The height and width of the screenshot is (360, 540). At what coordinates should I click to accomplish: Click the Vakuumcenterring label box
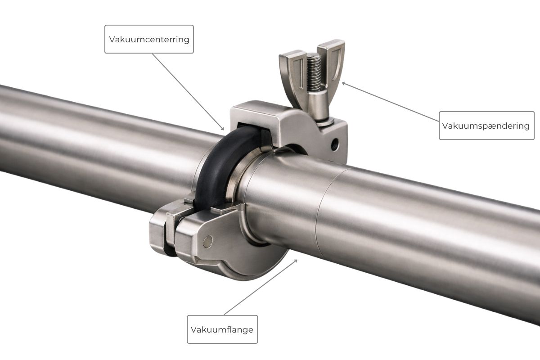pyautogui.click(x=149, y=39)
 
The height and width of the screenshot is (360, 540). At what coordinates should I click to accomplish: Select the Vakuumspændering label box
pyautogui.click(x=486, y=126)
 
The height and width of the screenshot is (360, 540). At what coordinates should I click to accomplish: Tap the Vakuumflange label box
pyautogui.click(x=222, y=329)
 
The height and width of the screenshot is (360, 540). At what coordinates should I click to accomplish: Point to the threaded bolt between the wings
pyautogui.click(x=314, y=72)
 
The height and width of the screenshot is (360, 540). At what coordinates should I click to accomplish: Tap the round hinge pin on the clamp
pyautogui.click(x=207, y=241)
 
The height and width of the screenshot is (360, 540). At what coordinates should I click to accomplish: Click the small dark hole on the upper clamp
pyautogui.click(x=334, y=145)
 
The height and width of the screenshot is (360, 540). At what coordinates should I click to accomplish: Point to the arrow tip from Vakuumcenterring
pyautogui.click(x=223, y=130)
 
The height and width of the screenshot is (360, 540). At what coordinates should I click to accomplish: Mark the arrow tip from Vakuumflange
pyautogui.click(x=297, y=260)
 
